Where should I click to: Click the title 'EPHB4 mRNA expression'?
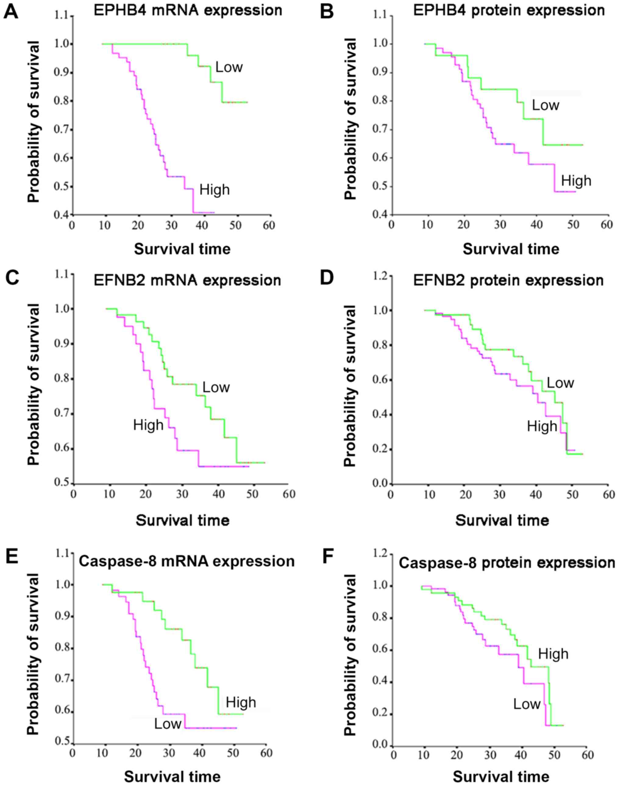coord(188,10)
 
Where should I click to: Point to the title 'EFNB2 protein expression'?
coord(508,280)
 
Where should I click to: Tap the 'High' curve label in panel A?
coord(215,190)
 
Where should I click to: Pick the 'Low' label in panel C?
coord(216,387)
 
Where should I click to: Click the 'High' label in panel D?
coord(542,426)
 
